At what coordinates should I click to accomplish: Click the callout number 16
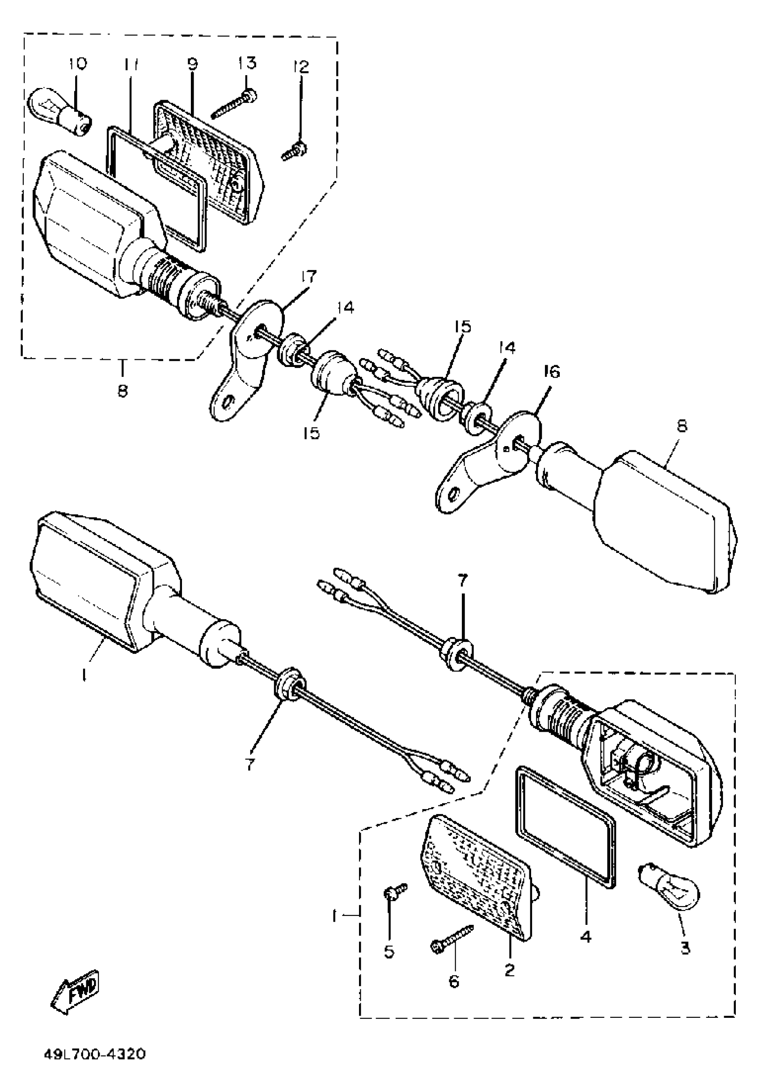[x=551, y=371]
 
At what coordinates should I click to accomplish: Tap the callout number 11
[x=130, y=63]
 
